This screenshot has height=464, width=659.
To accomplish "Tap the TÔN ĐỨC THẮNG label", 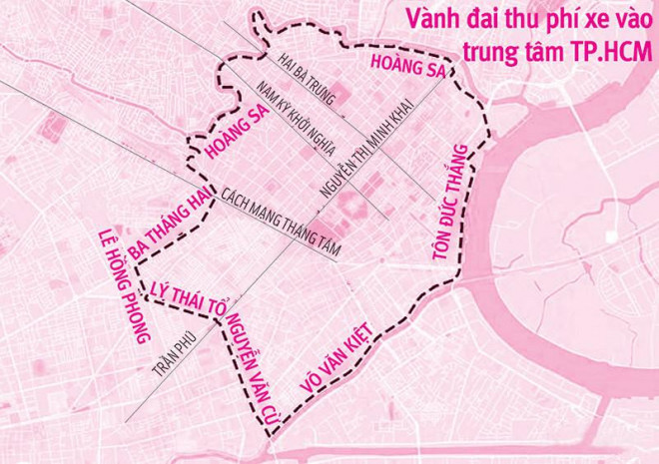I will point(451,203).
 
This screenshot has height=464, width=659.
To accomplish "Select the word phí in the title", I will point(545,19).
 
